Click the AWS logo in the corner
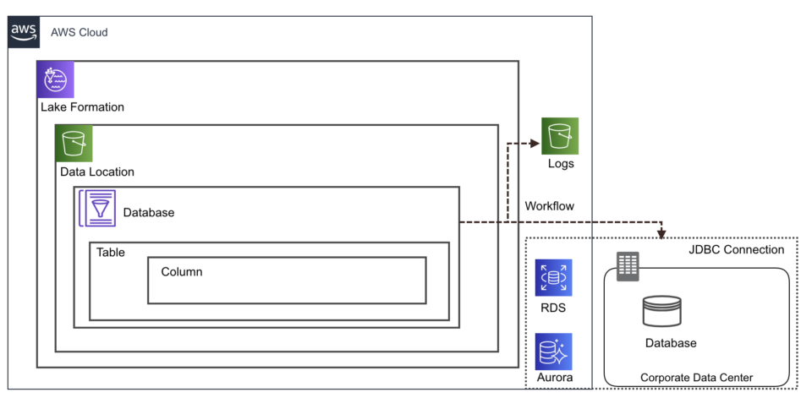point(25,32)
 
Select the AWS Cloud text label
point(80,33)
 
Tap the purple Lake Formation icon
point(56,79)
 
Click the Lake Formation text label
point(82,107)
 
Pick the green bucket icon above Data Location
point(74,144)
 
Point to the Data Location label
point(96,172)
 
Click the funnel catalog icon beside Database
point(98,208)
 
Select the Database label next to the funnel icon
point(149,213)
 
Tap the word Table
point(111,252)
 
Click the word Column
point(182,272)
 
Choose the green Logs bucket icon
point(560,136)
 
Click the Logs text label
point(560,164)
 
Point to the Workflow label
point(549,206)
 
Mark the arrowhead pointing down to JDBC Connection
point(661,233)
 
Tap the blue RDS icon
point(553,277)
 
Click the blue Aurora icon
point(553,351)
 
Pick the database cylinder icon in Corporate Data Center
point(661,311)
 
